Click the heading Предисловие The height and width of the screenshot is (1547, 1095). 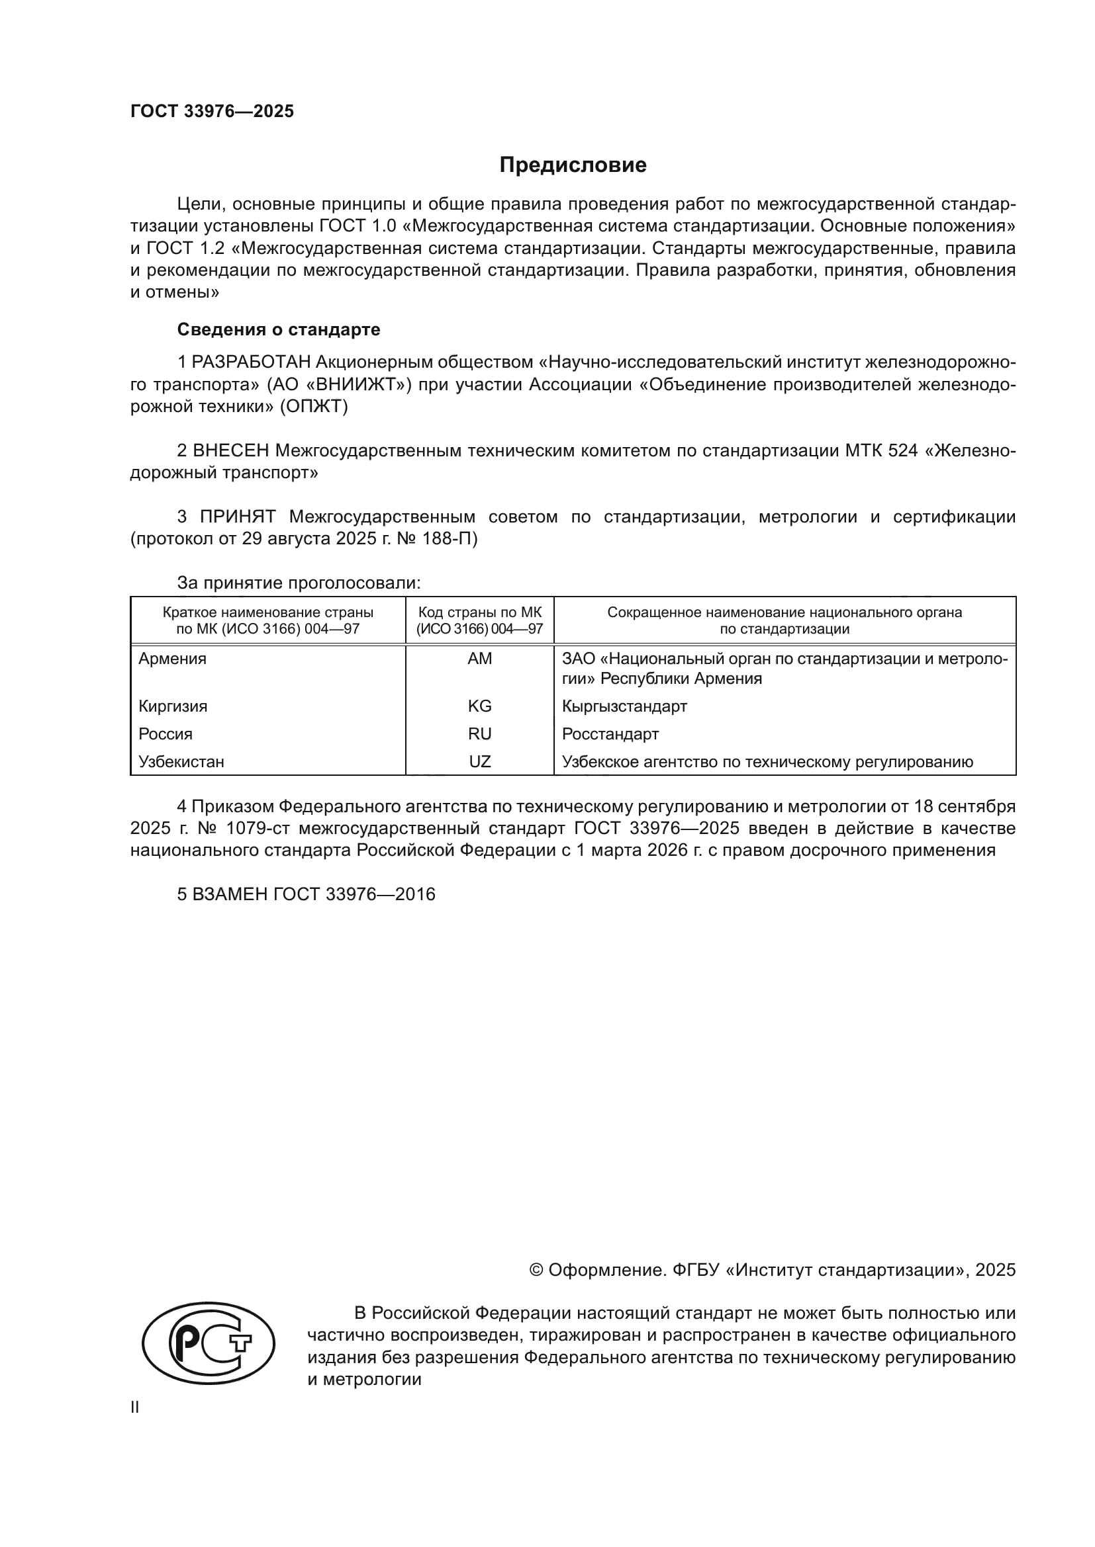(573, 165)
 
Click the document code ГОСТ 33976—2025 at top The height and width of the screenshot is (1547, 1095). (212, 112)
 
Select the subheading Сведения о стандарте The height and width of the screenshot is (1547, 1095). (279, 329)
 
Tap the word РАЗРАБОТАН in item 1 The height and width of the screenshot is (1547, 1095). (251, 362)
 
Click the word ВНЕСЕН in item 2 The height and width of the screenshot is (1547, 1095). (230, 451)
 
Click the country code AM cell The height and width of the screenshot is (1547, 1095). (479, 659)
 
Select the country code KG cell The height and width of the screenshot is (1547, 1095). (479, 706)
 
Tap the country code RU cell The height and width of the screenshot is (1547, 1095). (479, 733)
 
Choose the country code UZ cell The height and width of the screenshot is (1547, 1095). (479, 762)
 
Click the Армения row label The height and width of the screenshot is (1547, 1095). (173, 659)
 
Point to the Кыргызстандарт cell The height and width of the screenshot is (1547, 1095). (624, 706)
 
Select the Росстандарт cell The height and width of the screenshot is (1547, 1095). (610, 733)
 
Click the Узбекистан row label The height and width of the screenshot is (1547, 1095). (181, 762)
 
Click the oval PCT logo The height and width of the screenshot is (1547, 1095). (209, 1343)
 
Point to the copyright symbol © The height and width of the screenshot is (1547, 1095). (536, 1270)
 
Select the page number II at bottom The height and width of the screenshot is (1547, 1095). (135, 1407)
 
